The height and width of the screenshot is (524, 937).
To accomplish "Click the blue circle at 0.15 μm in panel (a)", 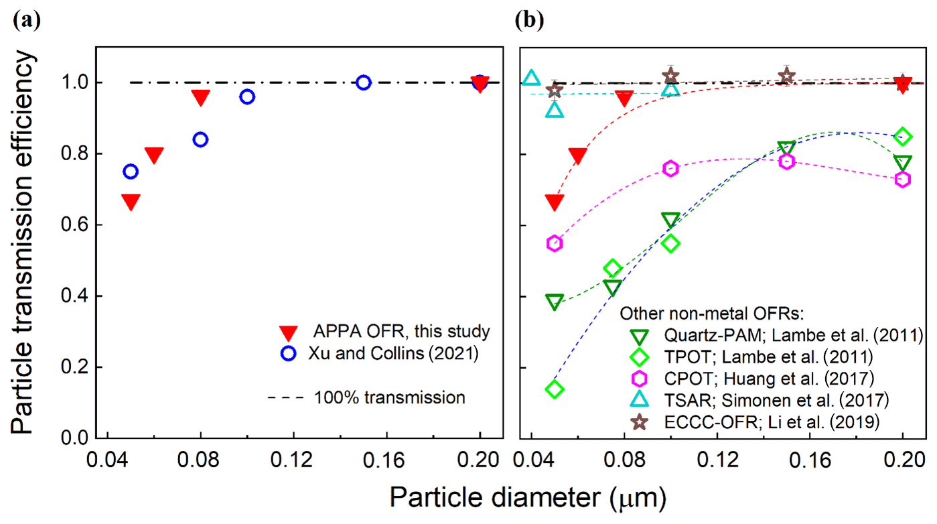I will (364, 82).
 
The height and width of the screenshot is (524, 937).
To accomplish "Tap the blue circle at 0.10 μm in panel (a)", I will (247, 96).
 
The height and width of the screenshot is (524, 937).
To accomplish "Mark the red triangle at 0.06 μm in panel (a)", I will (154, 155).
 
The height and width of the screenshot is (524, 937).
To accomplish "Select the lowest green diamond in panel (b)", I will (554, 389).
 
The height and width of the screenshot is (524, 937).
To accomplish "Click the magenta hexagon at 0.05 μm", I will (554, 243).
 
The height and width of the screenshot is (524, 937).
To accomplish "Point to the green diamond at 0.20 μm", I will (903, 136).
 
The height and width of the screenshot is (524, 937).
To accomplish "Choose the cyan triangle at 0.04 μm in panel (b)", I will (531, 78).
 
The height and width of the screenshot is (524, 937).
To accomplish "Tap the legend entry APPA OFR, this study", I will (402, 331).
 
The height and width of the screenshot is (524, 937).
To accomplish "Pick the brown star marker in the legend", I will (640, 421).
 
